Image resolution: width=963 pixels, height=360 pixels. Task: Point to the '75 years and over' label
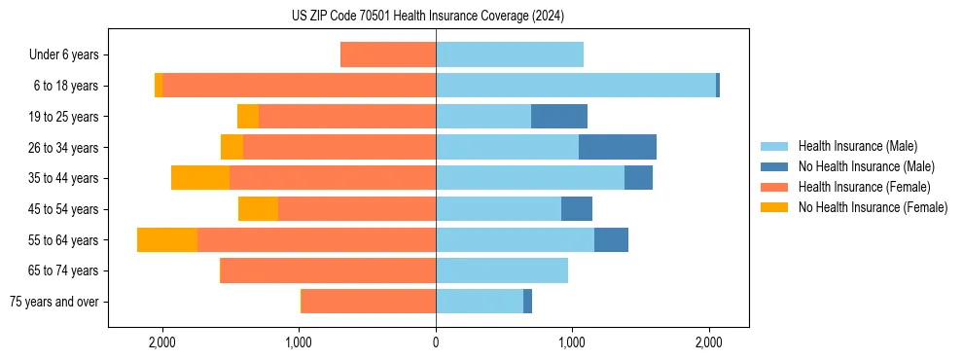(53, 302)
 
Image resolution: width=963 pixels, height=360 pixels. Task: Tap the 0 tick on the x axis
(436, 342)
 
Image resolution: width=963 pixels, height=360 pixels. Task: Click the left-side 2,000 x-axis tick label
(161, 342)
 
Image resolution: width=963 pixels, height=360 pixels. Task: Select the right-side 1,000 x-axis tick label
(572, 342)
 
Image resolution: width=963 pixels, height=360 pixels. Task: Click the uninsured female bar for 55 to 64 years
(167, 240)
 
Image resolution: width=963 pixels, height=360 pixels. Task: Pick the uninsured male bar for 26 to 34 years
(618, 147)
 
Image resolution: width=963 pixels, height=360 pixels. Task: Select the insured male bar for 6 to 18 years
(576, 86)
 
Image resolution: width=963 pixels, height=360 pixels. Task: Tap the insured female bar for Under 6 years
(388, 54)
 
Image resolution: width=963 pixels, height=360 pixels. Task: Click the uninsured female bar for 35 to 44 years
(200, 178)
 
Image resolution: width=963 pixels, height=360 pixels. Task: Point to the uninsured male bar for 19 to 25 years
(559, 117)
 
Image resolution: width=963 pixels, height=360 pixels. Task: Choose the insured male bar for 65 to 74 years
(502, 270)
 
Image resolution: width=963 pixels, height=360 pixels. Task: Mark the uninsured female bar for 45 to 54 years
(258, 209)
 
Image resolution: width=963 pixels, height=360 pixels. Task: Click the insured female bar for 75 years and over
(369, 302)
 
